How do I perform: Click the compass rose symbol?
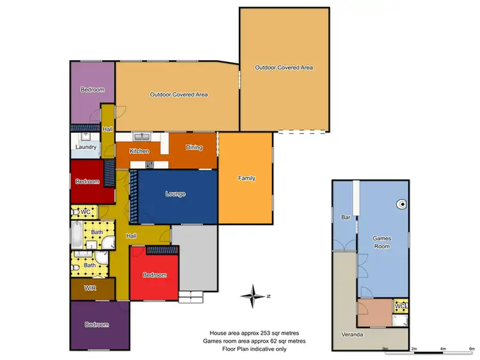254,295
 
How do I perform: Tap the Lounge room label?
175,194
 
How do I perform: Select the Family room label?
246,178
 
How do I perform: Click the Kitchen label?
139,152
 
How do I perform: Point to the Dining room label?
194,148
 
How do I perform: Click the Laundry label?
86,148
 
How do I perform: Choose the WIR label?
90,288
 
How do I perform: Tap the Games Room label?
382,242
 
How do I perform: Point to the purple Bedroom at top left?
92,90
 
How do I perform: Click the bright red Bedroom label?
154,275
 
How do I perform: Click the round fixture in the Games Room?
401,205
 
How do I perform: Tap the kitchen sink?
141,136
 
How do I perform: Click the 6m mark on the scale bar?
472,348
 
